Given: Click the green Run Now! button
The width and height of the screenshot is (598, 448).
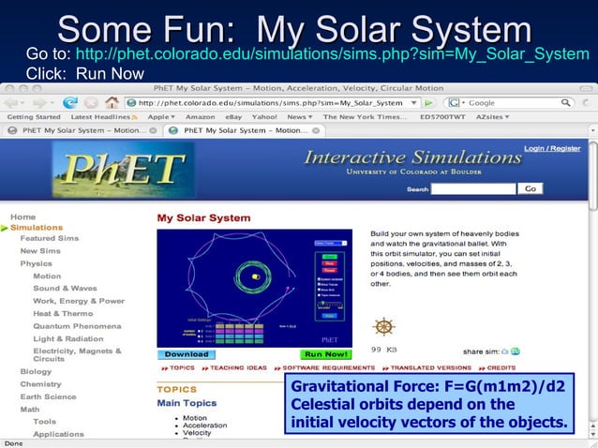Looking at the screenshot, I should tap(324, 354).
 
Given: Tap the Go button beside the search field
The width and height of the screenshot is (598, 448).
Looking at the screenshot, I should tap(531, 188).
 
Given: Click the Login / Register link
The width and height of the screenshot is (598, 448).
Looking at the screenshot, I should tap(551, 148).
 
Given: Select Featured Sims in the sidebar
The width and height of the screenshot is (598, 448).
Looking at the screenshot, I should tap(50, 239).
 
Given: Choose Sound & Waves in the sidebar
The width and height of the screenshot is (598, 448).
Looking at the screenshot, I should tap(65, 289).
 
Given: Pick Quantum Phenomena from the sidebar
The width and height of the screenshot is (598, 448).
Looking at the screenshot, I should tap(77, 325).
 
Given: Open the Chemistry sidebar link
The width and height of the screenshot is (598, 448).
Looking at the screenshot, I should tap(41, 384).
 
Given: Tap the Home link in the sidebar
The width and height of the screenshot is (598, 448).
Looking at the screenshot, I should tap(22, 217).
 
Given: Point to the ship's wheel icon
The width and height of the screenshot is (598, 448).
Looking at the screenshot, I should tap(382, 327).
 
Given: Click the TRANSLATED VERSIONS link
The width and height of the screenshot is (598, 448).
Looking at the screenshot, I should tap(431, 367).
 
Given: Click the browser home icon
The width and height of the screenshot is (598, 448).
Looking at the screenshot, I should tap(112, 102).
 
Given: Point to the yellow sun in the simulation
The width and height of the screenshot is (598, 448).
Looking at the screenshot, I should tap(255, 276).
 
